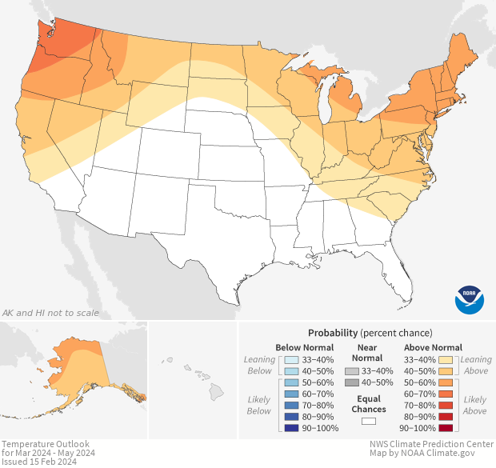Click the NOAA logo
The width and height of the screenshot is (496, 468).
pyautogui.click(x=470, y=298)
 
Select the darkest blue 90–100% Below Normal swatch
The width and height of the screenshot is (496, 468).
pyautogui.click(x=291, y=428)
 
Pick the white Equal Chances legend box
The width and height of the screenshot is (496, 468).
pyautogui.click(x=369, y=421)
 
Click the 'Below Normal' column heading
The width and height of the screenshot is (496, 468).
pyautogui.click(x=304, y=347)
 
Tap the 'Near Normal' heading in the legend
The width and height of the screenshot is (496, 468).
pyautogui.click(x=369, y=353)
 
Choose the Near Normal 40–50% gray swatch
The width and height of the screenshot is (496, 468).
pyautogui.click(x=352, y=382)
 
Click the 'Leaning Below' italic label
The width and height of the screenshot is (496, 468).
pyautogui.click(x=260, y=365)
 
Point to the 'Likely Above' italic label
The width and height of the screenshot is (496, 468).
pyautogui.click(x=475, y=405)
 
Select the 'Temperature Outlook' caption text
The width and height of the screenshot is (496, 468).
pyautogui.click(x=46, y=444)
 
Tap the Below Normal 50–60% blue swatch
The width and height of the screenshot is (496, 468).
pyautogui.click(x=291, y=382)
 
